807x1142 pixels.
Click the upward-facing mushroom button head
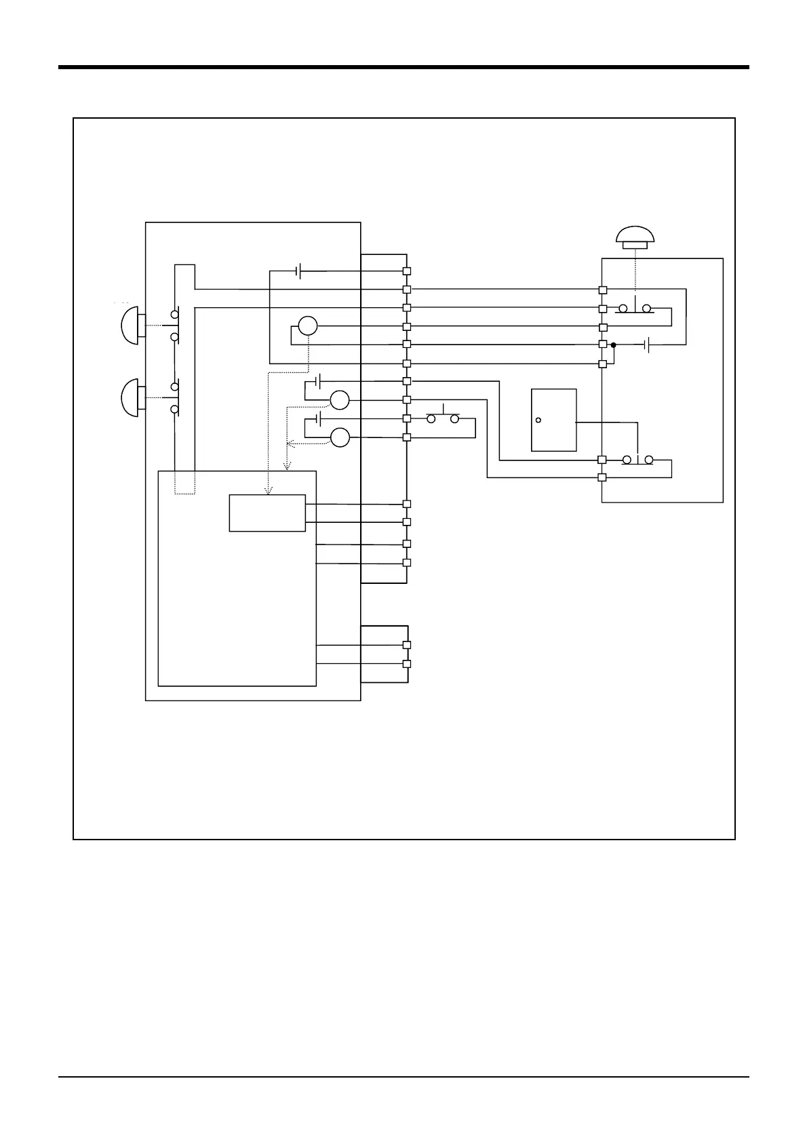point(635,236)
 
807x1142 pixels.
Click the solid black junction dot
point(613,345)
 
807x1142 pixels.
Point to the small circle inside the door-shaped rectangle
point(538,420)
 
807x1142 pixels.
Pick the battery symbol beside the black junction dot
point(648,345)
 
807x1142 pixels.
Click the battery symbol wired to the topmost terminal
point(299,271)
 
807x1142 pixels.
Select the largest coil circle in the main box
point(308,326)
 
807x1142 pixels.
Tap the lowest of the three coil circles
point(340,438)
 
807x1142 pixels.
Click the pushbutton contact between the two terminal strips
point(443,418)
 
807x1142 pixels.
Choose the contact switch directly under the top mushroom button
point(635,309)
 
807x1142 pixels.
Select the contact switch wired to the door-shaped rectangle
point(637,460)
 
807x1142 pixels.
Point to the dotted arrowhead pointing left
point(291,444)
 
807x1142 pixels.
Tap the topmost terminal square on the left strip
point(407,271)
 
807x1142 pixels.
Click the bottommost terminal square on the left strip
point(407,664)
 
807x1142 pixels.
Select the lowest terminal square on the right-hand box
point(602,477)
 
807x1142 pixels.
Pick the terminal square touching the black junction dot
point(602,344)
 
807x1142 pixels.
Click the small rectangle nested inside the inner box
point(267,513)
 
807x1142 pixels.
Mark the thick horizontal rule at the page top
point(403,67)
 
